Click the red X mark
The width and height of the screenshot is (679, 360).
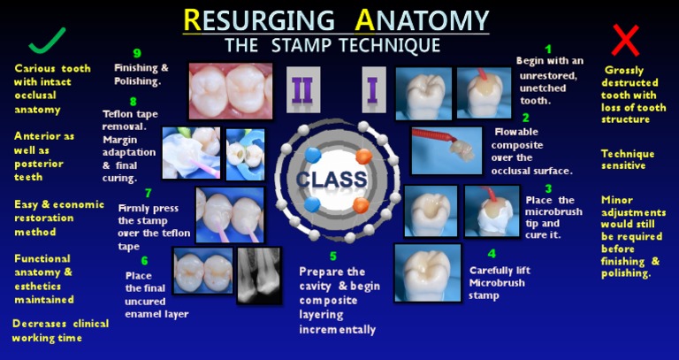tap(625, 41)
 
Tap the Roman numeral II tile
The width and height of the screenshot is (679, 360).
tap(303, 89)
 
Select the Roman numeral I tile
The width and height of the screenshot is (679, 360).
tap(374, 89)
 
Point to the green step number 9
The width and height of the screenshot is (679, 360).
tap(137, 54)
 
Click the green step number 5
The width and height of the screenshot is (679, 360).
tap(332, 257)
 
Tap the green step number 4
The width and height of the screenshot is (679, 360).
tap(492, 254)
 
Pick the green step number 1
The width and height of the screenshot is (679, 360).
tap(548, 49)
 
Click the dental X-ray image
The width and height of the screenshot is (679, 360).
tap(259, 275)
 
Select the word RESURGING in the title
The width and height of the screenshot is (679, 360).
tap(259, 20)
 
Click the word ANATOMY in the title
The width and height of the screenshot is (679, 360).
tap(422, 20)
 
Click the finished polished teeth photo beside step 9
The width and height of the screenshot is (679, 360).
tap(231, 91)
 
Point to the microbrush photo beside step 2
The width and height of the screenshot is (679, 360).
tap(446, 150)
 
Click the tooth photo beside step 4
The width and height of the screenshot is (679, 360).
tap(428, 273)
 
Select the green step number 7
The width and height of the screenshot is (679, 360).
tap(149, 193)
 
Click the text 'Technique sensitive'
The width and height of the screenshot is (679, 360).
tap(628, 160)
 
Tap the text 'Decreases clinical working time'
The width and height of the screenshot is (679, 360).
tap(60, 331)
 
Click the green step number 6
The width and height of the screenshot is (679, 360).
tap(144, 261)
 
